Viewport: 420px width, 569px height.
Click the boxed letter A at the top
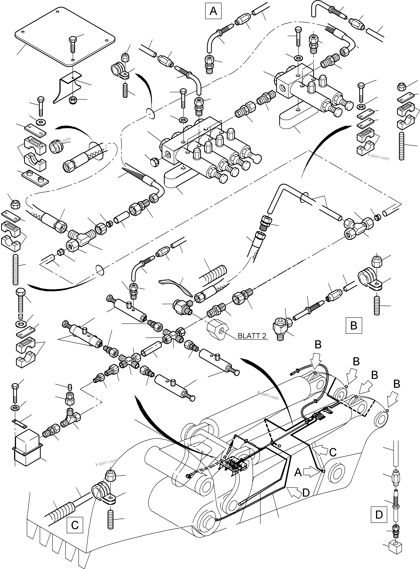coord(213,11)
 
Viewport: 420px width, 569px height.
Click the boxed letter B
coord(354,325)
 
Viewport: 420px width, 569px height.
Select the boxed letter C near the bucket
coord(75,525)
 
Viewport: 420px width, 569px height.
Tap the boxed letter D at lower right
coord(379,515)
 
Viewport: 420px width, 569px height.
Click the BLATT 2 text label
coord(252,336)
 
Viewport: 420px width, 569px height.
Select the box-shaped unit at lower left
coord(27,447)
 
